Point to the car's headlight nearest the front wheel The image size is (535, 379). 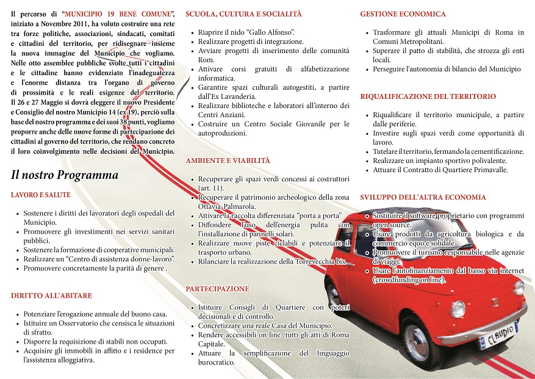point(458,309)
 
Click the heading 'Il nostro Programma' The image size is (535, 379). point(65,175)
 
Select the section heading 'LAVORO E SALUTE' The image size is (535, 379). point(41,195)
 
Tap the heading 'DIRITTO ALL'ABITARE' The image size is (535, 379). point(52,295)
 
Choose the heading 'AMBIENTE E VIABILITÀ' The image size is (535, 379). point(228,161)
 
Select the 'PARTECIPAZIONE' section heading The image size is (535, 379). point(217,289)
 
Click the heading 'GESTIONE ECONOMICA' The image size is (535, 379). point(403,13)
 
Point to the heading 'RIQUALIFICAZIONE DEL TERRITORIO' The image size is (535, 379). point(428,96)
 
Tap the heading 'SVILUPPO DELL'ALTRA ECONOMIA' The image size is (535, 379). point(423,197)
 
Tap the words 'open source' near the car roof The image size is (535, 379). point(393,225)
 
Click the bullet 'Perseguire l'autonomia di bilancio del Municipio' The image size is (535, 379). point(447,70)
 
